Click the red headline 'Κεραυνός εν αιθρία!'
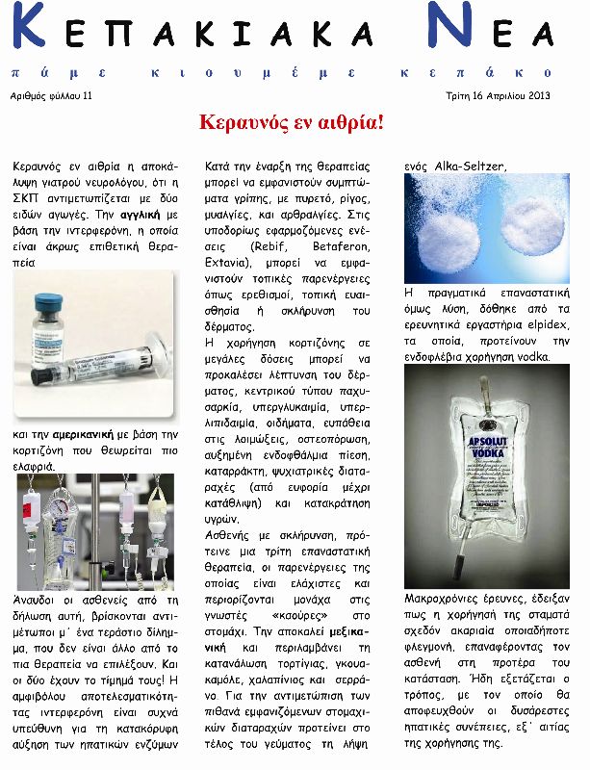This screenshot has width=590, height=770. pos(291,122)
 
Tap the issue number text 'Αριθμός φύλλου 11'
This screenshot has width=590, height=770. pos(51,96)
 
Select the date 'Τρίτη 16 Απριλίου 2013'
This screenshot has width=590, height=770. pos(498,96)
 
